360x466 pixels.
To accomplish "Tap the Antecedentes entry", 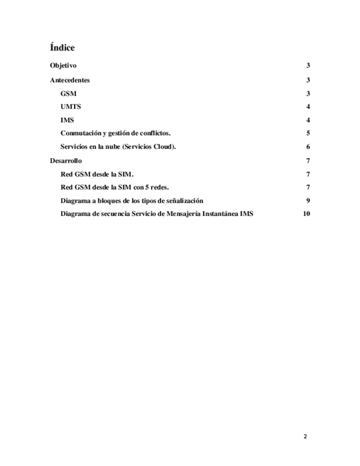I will point(70,80).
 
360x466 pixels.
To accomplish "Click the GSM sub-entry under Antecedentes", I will point(68,93).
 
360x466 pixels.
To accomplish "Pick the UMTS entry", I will point(71,107).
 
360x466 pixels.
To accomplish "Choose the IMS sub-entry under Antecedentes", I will point(67,120).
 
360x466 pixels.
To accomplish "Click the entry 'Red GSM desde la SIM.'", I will point(97,174).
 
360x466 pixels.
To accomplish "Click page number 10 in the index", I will point(307,214).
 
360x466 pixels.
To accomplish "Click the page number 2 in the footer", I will point(306,436).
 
